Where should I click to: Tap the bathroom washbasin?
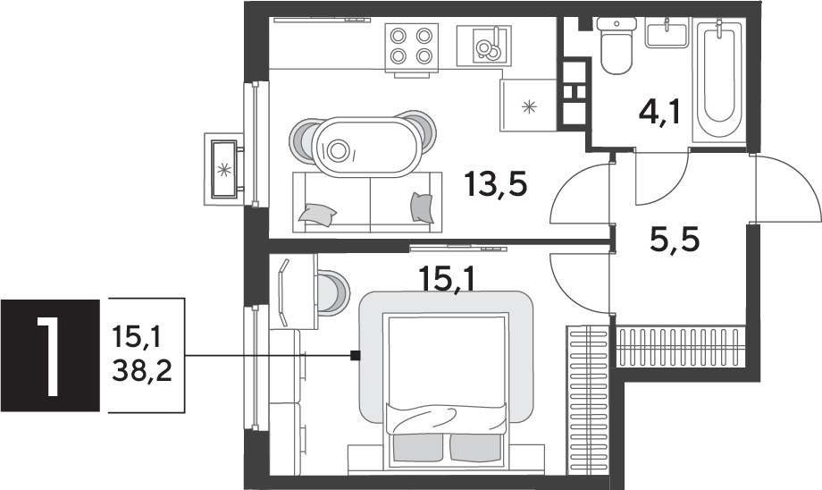[667, 32]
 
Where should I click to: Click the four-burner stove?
[412, 47]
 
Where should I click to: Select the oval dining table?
[366, 147]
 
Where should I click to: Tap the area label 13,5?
[495, 184]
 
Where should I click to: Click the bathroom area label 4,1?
[659, 113]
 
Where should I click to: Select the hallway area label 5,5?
[675, 241]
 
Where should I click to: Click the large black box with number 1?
[50, 355]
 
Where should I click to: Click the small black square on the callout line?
[356, 356]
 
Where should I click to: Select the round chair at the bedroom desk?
[333, 292]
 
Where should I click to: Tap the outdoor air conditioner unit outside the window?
[224, 169]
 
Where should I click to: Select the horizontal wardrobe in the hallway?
[681, 346]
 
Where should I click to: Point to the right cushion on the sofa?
[422, 207]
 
